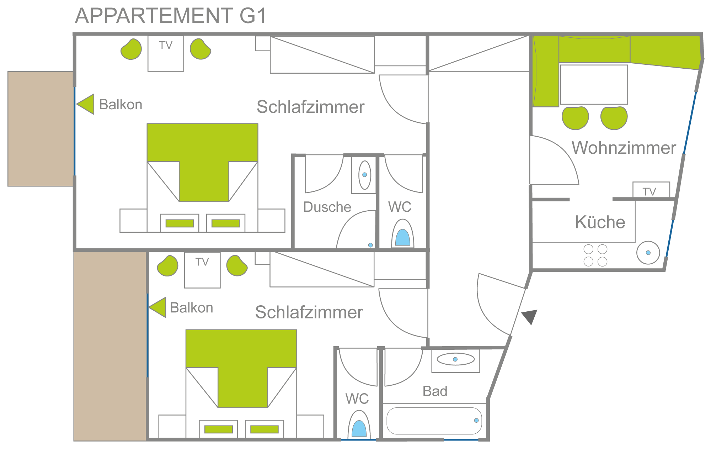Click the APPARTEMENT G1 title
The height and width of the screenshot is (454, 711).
coord(171,16)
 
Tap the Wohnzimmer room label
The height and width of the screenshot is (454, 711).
coord(624,148)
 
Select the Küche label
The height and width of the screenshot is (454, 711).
coord(600,222)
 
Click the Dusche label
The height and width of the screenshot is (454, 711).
coord(327,207)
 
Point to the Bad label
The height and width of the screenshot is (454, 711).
coord(435,391)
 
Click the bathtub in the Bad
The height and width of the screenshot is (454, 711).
coord(434,421)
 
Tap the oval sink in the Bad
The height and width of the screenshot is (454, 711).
coord(455,359)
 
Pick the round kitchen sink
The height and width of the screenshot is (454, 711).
coord(648,253)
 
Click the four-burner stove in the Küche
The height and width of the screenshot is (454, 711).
coord(595,255)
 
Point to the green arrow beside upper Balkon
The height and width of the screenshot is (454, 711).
coord(86,104)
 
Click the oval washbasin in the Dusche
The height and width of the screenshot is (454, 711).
coord(365,175)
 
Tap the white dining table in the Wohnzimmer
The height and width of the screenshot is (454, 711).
coord(594,84)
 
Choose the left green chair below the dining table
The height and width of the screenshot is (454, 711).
coord(575,118)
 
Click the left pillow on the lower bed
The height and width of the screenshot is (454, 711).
coord(219,429)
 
